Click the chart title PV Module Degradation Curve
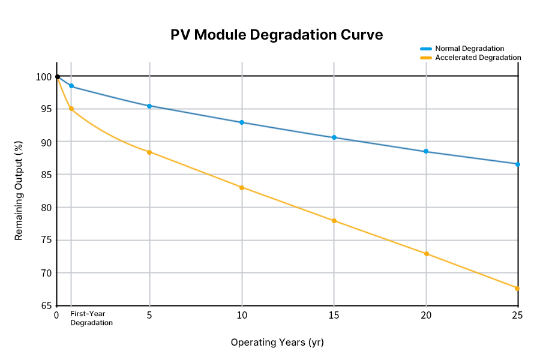(277, 35)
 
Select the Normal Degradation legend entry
(469, 48)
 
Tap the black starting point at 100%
(58, 77)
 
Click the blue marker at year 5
(149, 106)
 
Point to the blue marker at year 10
(242, 122)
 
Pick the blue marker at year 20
(426, 151)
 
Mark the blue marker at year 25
(518, 164)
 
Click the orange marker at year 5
(149, 152)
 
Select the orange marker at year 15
(334, 221)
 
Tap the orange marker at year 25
(517, 289)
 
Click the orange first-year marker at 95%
(71, 109)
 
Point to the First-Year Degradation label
(91, 318)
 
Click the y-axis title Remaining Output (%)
(19, 191)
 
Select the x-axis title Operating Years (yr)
(277, 343)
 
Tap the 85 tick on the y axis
(46, 175)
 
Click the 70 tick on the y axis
(46, 273)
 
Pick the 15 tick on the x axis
(334, 315)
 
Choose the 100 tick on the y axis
(44, 77)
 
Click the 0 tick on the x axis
(56, 315)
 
